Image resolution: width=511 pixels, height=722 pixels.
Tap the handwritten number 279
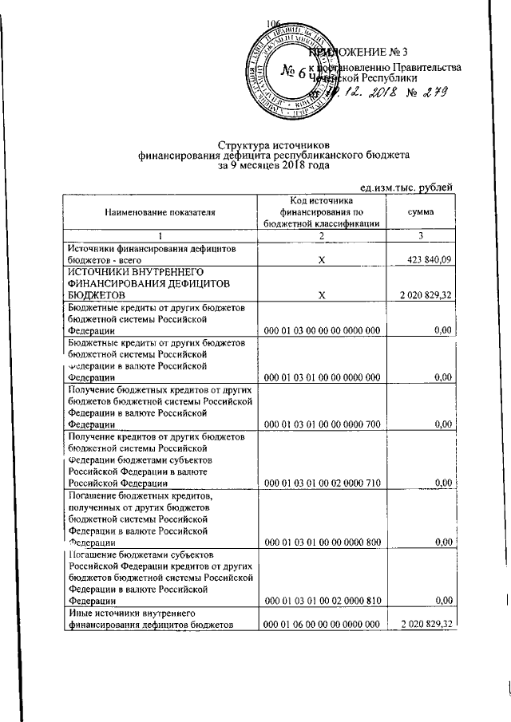(429, 92)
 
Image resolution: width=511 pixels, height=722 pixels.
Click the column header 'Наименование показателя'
(159, 212)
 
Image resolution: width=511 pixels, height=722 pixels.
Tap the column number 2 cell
(320, 235)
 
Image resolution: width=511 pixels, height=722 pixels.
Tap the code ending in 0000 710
(320, 484)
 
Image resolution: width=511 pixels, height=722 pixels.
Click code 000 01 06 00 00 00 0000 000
(320, 625)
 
